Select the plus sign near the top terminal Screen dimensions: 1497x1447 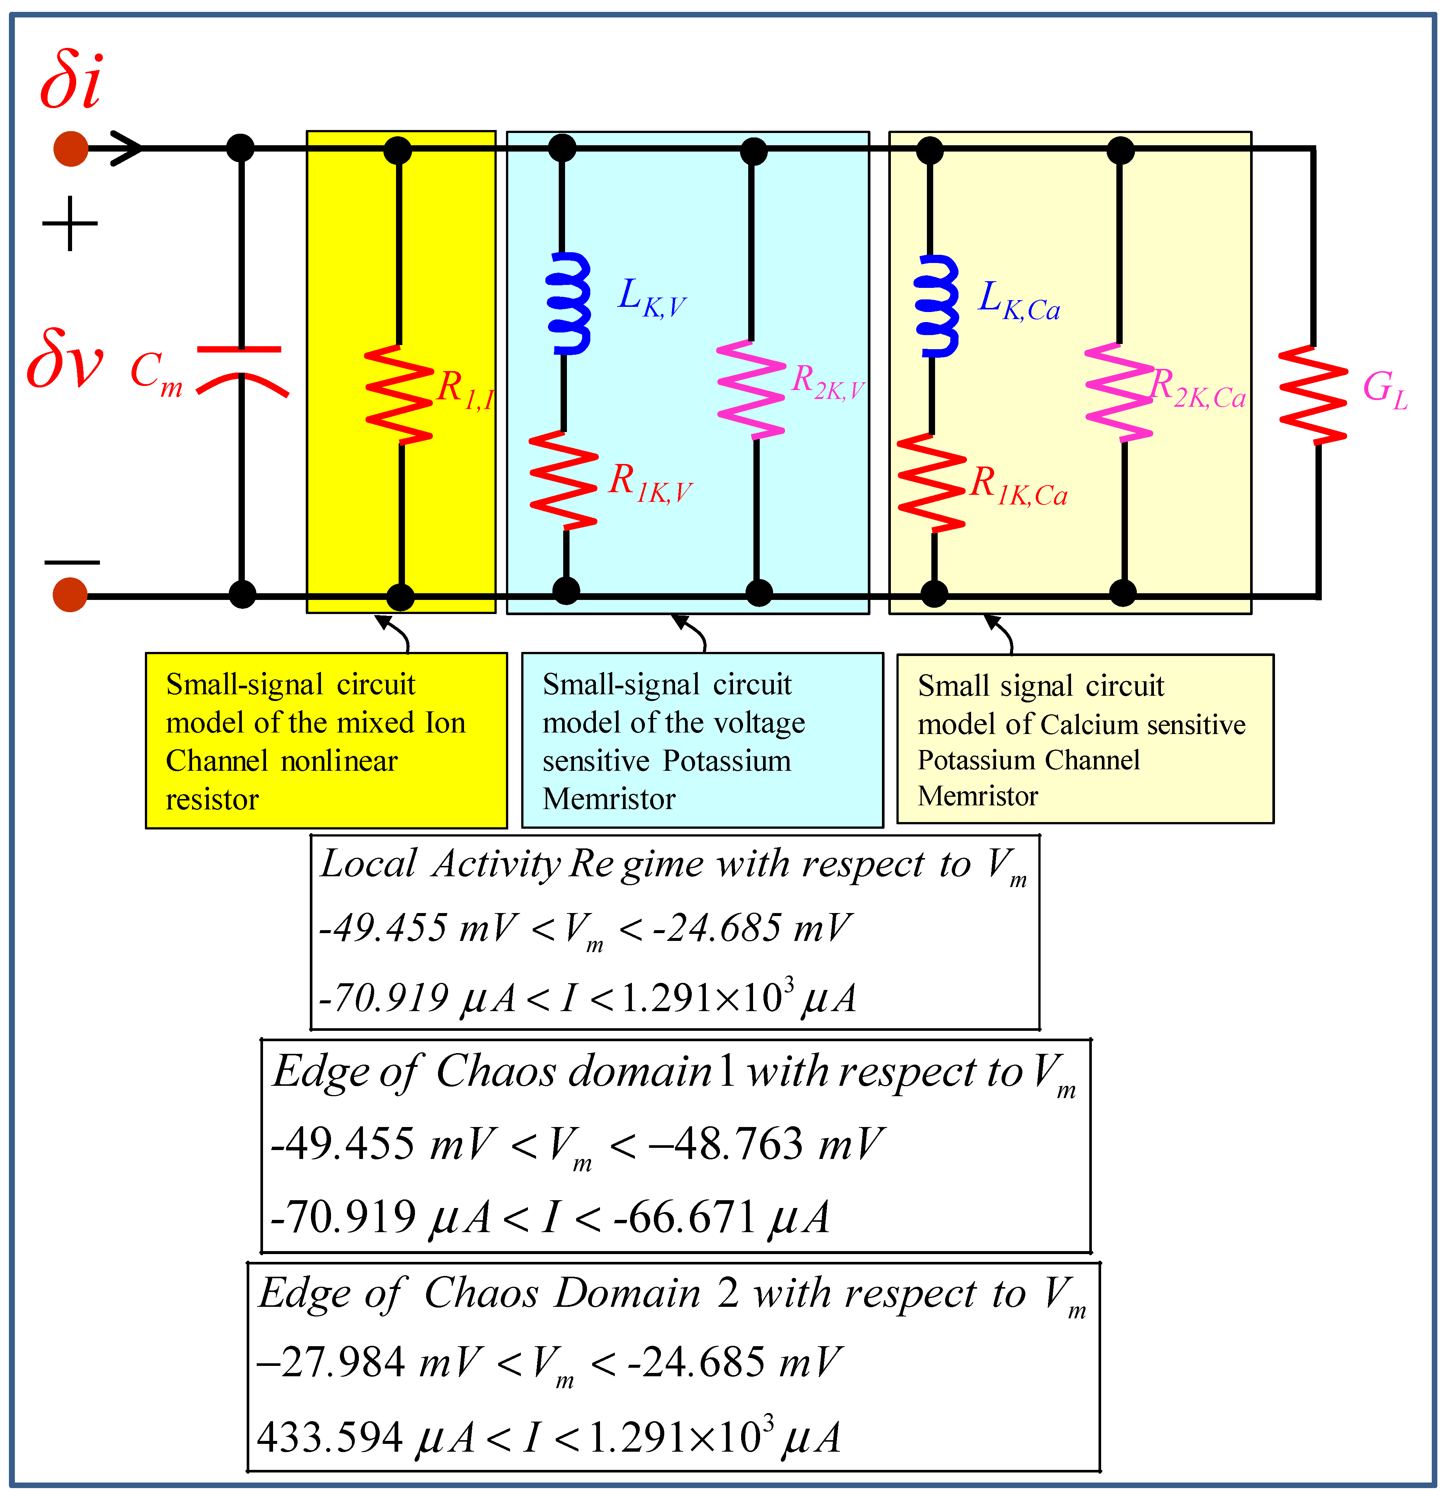(x=70, y=224)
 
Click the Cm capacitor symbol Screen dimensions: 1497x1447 (x=241, y=370)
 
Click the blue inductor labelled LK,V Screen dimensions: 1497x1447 (x=569, y=303)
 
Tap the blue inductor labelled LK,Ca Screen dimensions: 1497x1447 (x=936, y=305)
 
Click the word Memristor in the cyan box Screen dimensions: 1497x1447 (x=609, y=799)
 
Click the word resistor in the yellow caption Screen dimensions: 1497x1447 (x=212, y=800)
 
